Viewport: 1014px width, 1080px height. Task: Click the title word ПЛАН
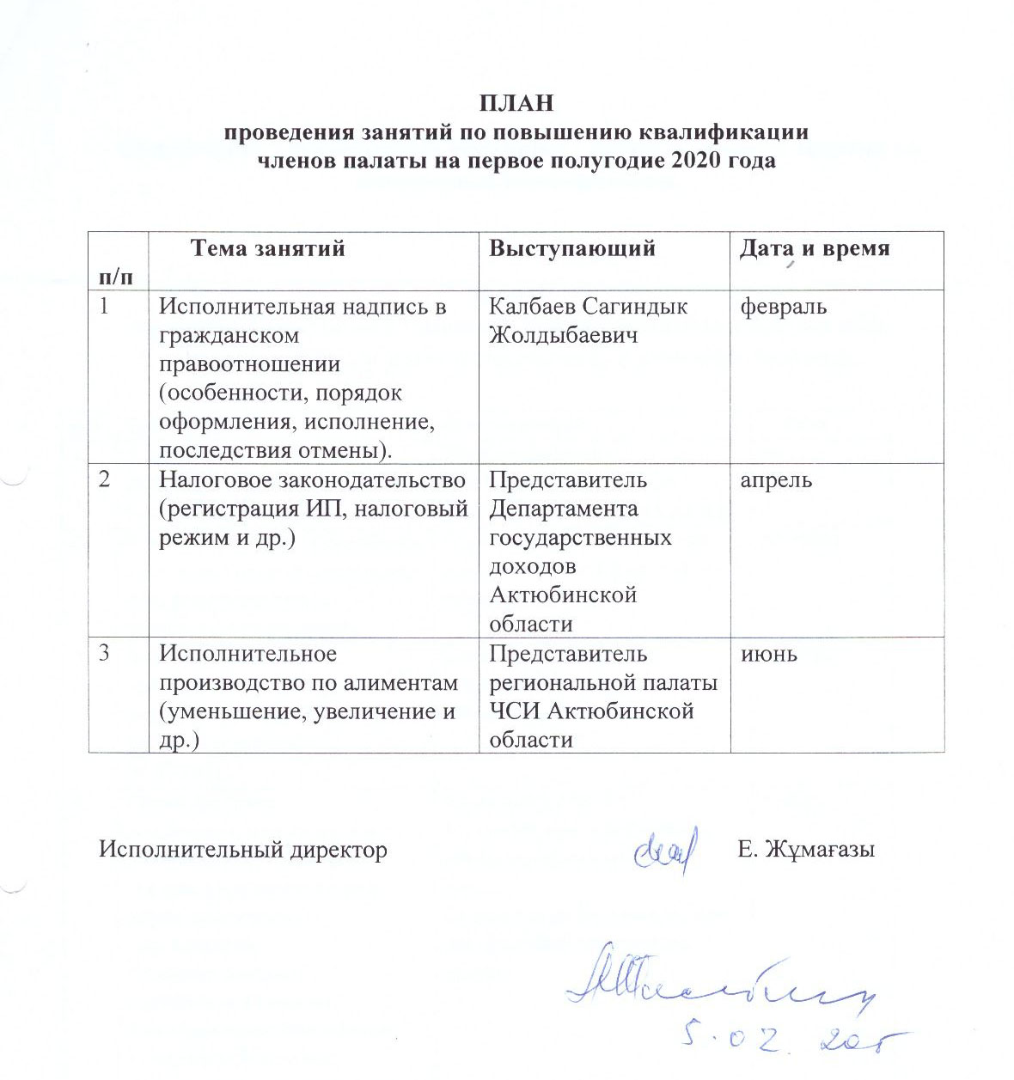[516, 104]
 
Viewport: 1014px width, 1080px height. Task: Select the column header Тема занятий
[267, 248]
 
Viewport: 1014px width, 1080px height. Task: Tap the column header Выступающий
[572, 248]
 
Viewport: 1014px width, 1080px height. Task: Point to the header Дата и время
[815, 248]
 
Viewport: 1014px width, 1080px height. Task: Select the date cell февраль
[783, 306]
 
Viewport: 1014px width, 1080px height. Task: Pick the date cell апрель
[776, 479]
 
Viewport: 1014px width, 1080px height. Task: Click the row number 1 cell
[105, 306]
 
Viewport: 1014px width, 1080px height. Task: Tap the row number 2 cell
[105, 479]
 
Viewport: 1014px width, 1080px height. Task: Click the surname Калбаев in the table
[534, 306]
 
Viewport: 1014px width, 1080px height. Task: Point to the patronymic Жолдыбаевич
[564, 335]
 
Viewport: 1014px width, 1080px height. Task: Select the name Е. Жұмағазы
[806, 850]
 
